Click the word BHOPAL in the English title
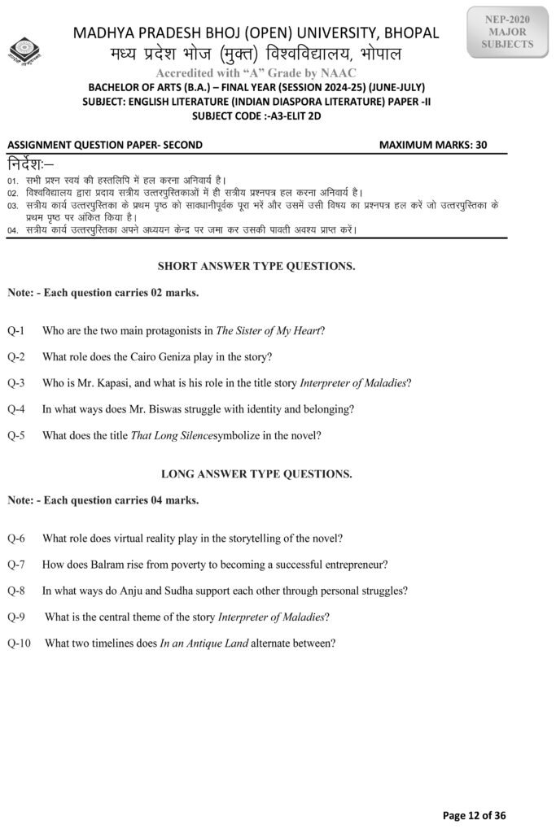pos(409,33)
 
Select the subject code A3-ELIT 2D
pos(311,115)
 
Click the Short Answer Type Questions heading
pos(256,266)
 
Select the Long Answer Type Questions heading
pos(256,473)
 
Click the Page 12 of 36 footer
pos(474,815)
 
